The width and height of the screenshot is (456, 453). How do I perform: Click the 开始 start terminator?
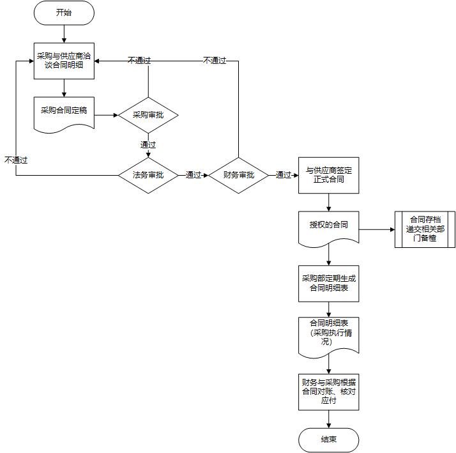click(64, 13)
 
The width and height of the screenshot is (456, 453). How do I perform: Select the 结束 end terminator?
click(329, 440)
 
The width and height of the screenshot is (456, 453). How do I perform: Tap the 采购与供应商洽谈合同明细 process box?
click(64, 61)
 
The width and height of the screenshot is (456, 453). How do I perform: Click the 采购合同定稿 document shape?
click(64, 112)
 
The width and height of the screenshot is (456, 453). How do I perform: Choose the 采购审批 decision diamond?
click(148, 116)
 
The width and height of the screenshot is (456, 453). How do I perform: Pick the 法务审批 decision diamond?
click(148, 175)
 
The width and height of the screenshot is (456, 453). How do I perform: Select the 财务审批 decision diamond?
click(239, 175)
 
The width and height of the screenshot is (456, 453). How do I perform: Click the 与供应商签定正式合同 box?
click(329, 175)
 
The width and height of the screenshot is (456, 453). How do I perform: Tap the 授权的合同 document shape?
click(329, 226)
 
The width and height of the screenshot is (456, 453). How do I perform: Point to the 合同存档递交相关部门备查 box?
click(425, 229)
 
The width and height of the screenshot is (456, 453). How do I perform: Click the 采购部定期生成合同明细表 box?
click(329, 284)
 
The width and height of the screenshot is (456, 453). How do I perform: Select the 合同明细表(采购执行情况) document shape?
click(329, 334)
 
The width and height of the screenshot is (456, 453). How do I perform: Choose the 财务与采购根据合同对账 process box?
click(329, 392)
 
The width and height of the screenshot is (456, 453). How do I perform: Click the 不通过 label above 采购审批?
click(139, 61)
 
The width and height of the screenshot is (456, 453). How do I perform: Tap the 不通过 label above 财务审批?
click(215, 61)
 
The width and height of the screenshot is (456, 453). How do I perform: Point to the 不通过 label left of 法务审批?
click(16, 160)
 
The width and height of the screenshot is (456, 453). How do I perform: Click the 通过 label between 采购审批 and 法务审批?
click(148, 145)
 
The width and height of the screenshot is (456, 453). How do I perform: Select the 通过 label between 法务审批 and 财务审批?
click(194, 175)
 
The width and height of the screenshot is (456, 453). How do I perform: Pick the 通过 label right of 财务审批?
click(284, 175)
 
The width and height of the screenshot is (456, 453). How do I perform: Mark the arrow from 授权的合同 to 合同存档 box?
click(377, 229)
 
